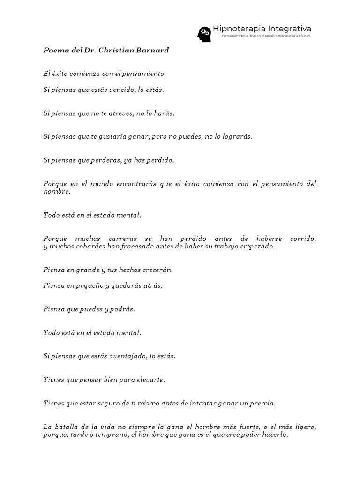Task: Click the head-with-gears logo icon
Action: pyautogui.click(x=204, y=34)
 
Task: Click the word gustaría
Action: pyautogui.click(x=113, y=136)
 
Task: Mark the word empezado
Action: pyautogui.click(x=257, y=246)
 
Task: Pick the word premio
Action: pyautogui.click(x=263, y=403)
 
